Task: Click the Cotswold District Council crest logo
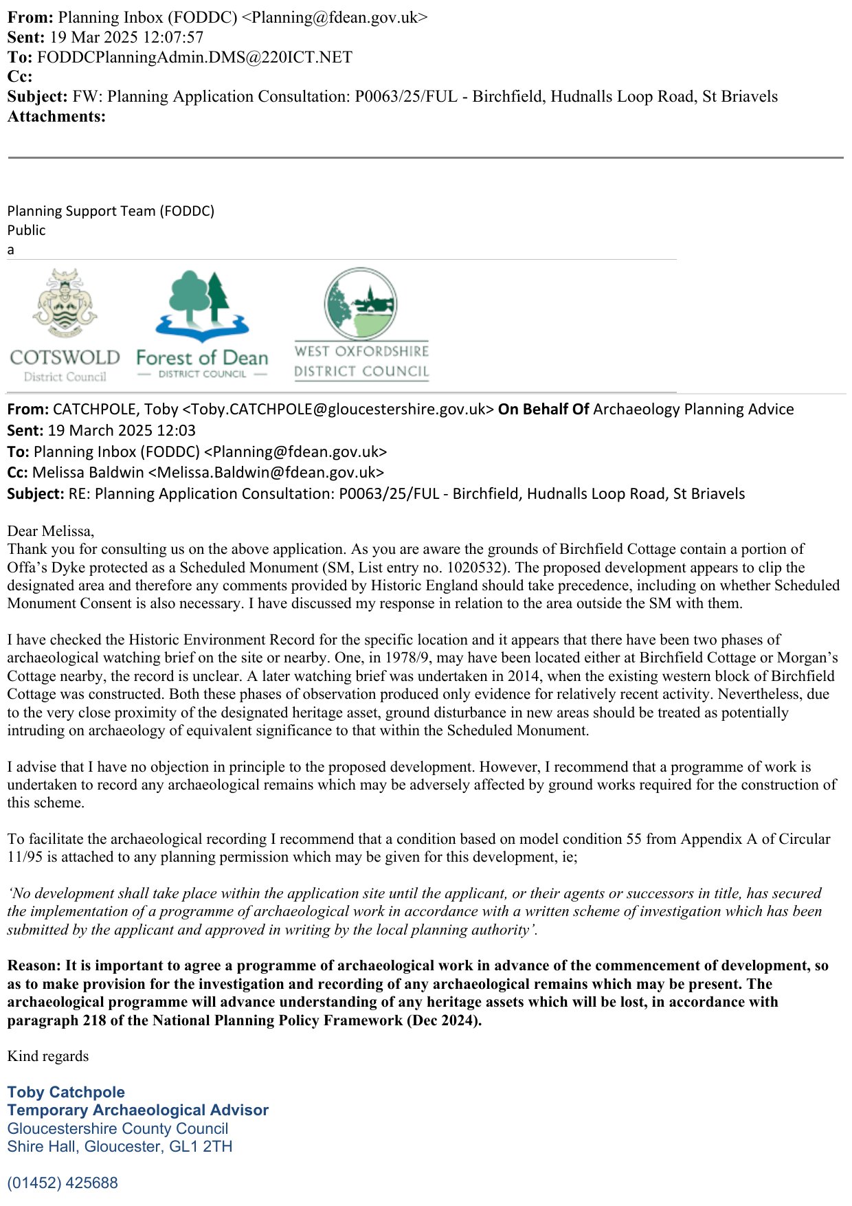click(x=65, y=303)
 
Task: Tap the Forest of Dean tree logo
click(x=202, y=305)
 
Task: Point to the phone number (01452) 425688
click(x=63, y=1183)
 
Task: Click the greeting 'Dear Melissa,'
click(x=51, y=531)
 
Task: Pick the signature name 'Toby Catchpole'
click(x=66, y=1092)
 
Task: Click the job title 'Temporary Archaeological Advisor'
click(x=137, y=1110)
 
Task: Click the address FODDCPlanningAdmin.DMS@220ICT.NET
click(x=194, y=57)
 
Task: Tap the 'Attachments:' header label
click(x=56, y=116)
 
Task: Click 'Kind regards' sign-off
click(x=48, y=1056)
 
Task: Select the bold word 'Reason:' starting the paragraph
click(x=34, y=965)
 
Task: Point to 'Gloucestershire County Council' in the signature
click(x=117, y=1128)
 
